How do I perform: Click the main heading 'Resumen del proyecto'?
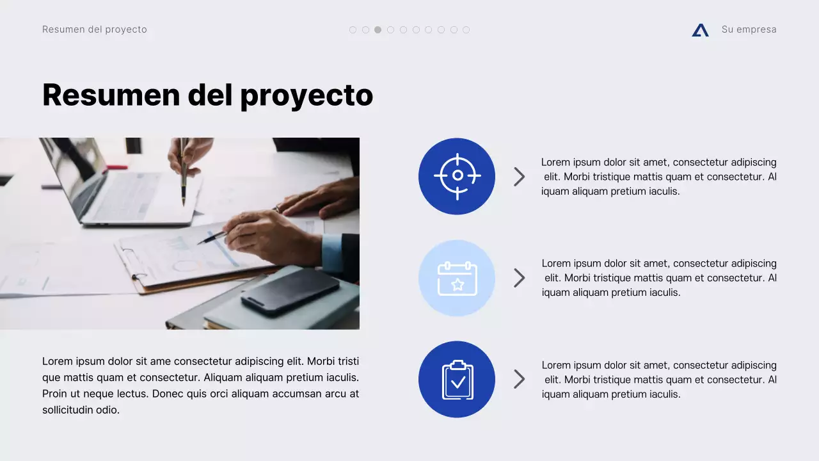tap(207, 95)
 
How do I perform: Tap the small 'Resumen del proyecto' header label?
tap(95, 29)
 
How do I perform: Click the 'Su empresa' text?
tap(749, 29)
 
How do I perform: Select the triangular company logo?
tap(700, 30)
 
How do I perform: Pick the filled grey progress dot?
tap(378, 29)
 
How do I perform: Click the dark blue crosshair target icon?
tap(457, 176)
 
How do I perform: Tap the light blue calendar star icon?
tap(457, 278)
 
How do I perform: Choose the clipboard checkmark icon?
tap(457, 379)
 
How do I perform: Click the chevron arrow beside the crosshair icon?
tap(519, 177)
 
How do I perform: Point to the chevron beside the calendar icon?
tap(519, 278)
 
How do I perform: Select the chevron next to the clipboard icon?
tap(519, 379)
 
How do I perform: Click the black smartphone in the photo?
tap(290, 291)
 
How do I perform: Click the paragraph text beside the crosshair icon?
tap(659, 177)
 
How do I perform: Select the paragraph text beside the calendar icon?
tap(659, 278)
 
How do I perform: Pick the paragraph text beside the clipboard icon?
tap(659, 380)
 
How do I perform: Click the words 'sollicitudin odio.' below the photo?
tap(81, 410)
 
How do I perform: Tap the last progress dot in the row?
tap(466, 29)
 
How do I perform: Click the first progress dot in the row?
tap(353, 29)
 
